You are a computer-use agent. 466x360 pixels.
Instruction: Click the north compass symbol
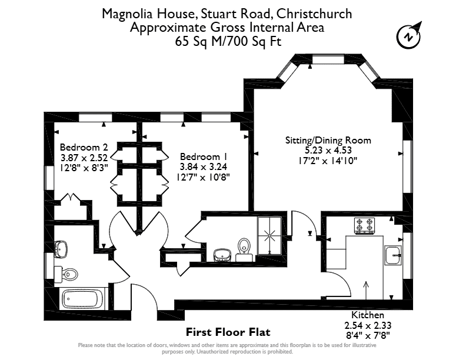[x=409, y=37]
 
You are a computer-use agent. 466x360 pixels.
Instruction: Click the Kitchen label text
[x=368, y=315]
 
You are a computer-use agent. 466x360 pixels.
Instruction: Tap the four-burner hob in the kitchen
[x=364, y=225]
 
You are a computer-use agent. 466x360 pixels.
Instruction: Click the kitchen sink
[x=393, y=255]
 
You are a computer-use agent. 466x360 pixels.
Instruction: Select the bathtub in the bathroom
[x=82, y=299]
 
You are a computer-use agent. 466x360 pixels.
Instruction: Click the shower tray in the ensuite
[x=269, y=236]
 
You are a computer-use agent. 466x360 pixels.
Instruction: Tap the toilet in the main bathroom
[x=66, y=274]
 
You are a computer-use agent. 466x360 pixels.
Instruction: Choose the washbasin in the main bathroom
[x=61, y=249]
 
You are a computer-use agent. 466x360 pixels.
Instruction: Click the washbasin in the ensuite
[x=222, y=255]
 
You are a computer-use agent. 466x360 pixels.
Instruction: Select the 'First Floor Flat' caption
[x=228, y=332]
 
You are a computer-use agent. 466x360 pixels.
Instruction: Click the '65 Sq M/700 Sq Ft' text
[x=228, y=41]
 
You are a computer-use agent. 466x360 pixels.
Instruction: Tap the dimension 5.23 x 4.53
[x=328, y=151]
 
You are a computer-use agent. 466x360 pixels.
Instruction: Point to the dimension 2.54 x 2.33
[x=368, y=325]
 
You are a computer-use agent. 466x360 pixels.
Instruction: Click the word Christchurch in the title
[x=314, y=14]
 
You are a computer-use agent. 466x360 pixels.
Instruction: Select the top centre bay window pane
[x=328, y=59]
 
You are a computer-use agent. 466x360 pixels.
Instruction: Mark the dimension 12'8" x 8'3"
[x=84, y=168]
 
